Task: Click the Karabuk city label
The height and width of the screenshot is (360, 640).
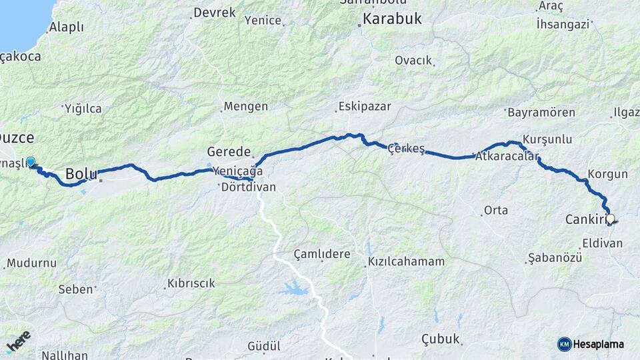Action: pos(393,19)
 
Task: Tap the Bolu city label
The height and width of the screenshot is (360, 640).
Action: pos(81,175)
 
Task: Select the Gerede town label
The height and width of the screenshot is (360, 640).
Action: pos(229,151)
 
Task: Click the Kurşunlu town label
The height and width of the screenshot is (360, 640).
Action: pos(548,139)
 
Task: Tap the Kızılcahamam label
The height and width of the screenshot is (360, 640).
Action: pos(406,261)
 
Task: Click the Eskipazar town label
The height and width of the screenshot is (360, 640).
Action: pos(364,106)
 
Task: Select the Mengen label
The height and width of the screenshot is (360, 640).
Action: pos(245,106)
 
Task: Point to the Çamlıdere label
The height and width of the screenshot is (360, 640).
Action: pos(322,255)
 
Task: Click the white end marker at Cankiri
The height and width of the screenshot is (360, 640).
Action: pos(609,219)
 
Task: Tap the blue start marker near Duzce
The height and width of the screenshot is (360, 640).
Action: pos(30,161)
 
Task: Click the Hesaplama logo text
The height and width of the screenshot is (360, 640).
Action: pos(599,344)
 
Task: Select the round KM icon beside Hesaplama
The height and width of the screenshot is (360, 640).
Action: pos(564,344)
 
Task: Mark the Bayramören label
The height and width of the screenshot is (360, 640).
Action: pos(541,112)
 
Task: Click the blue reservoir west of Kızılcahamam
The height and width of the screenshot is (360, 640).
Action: pos(293,289)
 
